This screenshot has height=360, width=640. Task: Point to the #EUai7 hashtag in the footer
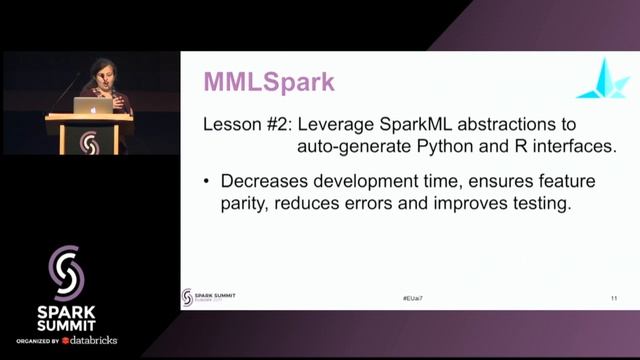point(402,299)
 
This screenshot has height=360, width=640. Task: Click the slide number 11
point(613,299)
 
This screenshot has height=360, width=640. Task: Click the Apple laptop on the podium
point(100,106)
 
